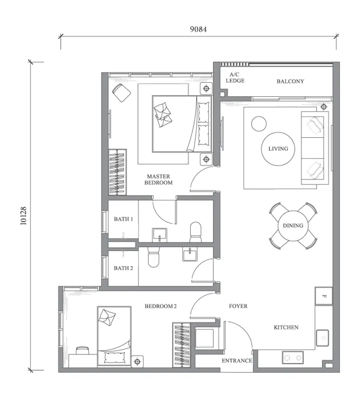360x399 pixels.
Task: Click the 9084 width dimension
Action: pyautogui.click(x=198, y=29)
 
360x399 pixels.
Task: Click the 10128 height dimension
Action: pyautogui.click(x=24, y=216)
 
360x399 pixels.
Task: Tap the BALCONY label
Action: pyautogui.click(x=290, y=82)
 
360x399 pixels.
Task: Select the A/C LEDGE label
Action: pyautogui.click(x=235, y=78)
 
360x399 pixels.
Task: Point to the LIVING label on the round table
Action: pyautogui.click(x=278, y=149)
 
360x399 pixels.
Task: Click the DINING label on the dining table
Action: pyautogui.click(x=293, y=226)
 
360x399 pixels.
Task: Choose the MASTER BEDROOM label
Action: pyautogui.click(x=159, y=180)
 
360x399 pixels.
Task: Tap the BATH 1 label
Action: pyautogui.click(x=123, y=219)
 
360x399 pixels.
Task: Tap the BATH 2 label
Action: pyautogui.click(x=123, y=268)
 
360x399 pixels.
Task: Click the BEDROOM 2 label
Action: pyautogui.click(x=160, y=306)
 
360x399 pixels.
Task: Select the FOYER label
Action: pyautogui.click(x=238, y=306)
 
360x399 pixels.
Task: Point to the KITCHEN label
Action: pyautogui.click(x=286, y=327)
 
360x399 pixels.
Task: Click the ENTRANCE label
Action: pyautogui.click(x=237, y=361)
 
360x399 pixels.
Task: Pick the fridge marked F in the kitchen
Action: pyautogui.click(x=324, y=296)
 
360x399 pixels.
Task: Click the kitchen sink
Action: pyautogui.click(x=323, y=338)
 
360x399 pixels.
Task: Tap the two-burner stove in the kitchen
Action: pyautogui.click(x=293, y=357)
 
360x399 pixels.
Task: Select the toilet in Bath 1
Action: pyautogui.click(x=196, y=232)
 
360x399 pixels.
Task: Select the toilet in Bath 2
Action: pyautogui.click(x=154, y=257)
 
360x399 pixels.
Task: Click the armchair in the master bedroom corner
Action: pyautogui.click(x=121, y=93)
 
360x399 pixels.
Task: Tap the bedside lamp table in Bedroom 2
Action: pyautogui.click(x=137, y=361)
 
